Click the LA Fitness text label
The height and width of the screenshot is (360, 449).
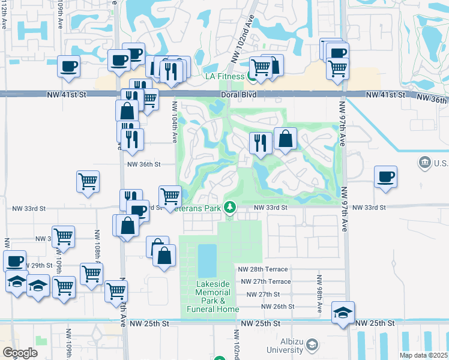pos(224,76)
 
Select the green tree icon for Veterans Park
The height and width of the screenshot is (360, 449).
pos(229,208)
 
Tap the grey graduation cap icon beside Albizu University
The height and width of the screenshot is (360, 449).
pos(312,344)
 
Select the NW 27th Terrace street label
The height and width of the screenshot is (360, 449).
pos(265,281)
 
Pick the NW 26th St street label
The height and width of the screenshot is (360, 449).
pos(276,306)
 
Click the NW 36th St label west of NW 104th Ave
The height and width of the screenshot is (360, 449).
pos(144,164)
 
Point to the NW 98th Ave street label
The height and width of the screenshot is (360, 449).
pos(319,293)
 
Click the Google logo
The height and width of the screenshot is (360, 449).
pos(20,352)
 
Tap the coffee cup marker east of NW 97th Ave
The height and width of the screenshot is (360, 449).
pos(385,177)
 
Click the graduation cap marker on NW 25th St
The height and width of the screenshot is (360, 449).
pos(343,312)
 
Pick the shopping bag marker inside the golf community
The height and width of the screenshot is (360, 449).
pos(286,139)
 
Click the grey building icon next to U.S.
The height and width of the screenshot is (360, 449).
pos(424,163)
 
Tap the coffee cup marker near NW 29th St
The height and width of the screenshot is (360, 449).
pos(14,261)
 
